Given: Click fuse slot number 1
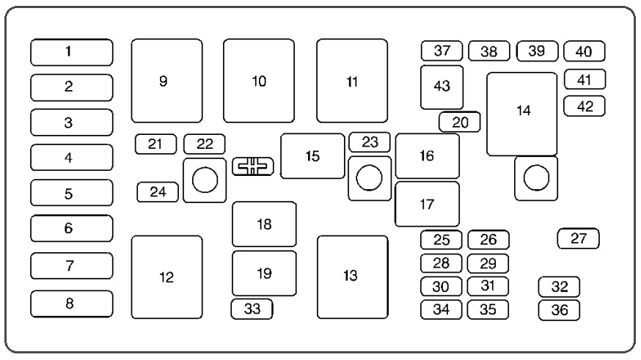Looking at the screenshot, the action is (x=72, y=52).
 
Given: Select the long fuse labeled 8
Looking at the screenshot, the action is (x=72, y=304).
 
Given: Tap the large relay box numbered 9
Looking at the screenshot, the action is (x=166, y=81).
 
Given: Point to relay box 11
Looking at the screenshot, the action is (x=352, y=81).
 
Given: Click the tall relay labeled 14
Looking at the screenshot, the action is (x=522, y=114).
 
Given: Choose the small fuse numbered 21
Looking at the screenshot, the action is (x=155, y=144).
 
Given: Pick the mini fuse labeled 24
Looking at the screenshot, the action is (x=158, y=192).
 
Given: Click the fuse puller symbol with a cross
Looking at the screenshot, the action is (x=253, y=166).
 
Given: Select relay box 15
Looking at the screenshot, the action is (x=312, y=156).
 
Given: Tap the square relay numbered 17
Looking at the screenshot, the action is (x=427, y=205).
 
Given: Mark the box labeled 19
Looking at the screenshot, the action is (x=265, y=273).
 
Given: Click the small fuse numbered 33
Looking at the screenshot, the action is (x=252, y=309).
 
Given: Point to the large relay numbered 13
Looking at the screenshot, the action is (x=353, y=277).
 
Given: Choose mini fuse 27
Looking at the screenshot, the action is (x=579, y=238).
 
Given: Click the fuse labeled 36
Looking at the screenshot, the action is (x=560, y=310).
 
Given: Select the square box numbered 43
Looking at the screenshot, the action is (x=442, y=87).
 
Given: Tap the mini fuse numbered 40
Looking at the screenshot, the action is (x=585, y=51).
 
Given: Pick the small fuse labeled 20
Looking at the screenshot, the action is (x=460, y=122).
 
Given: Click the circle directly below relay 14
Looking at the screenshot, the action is (x=536, y=178).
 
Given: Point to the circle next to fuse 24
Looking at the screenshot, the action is (x=205, y=180).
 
